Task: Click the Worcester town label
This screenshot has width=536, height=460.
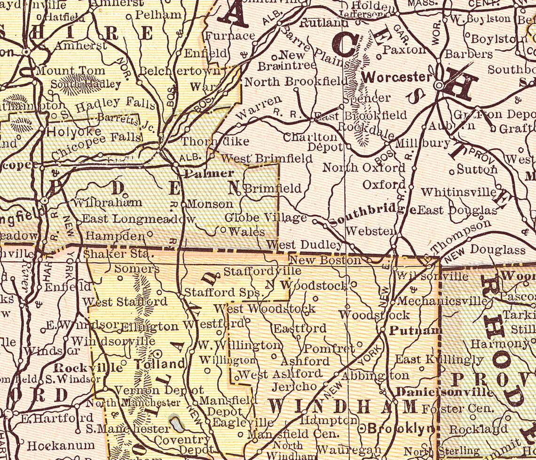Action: [397, 77]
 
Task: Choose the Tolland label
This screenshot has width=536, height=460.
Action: [159, 364]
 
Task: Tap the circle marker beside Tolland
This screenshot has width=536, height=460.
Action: [158, 353]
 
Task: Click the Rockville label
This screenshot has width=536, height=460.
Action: [88, 368]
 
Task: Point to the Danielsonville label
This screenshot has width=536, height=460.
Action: [444, 392]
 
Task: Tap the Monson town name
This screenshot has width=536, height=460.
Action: [210, 204]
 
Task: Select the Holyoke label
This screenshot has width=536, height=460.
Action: [74, 131]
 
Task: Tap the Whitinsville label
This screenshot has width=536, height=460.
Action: [458, 192]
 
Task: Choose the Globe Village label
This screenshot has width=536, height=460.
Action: [265, 218]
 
